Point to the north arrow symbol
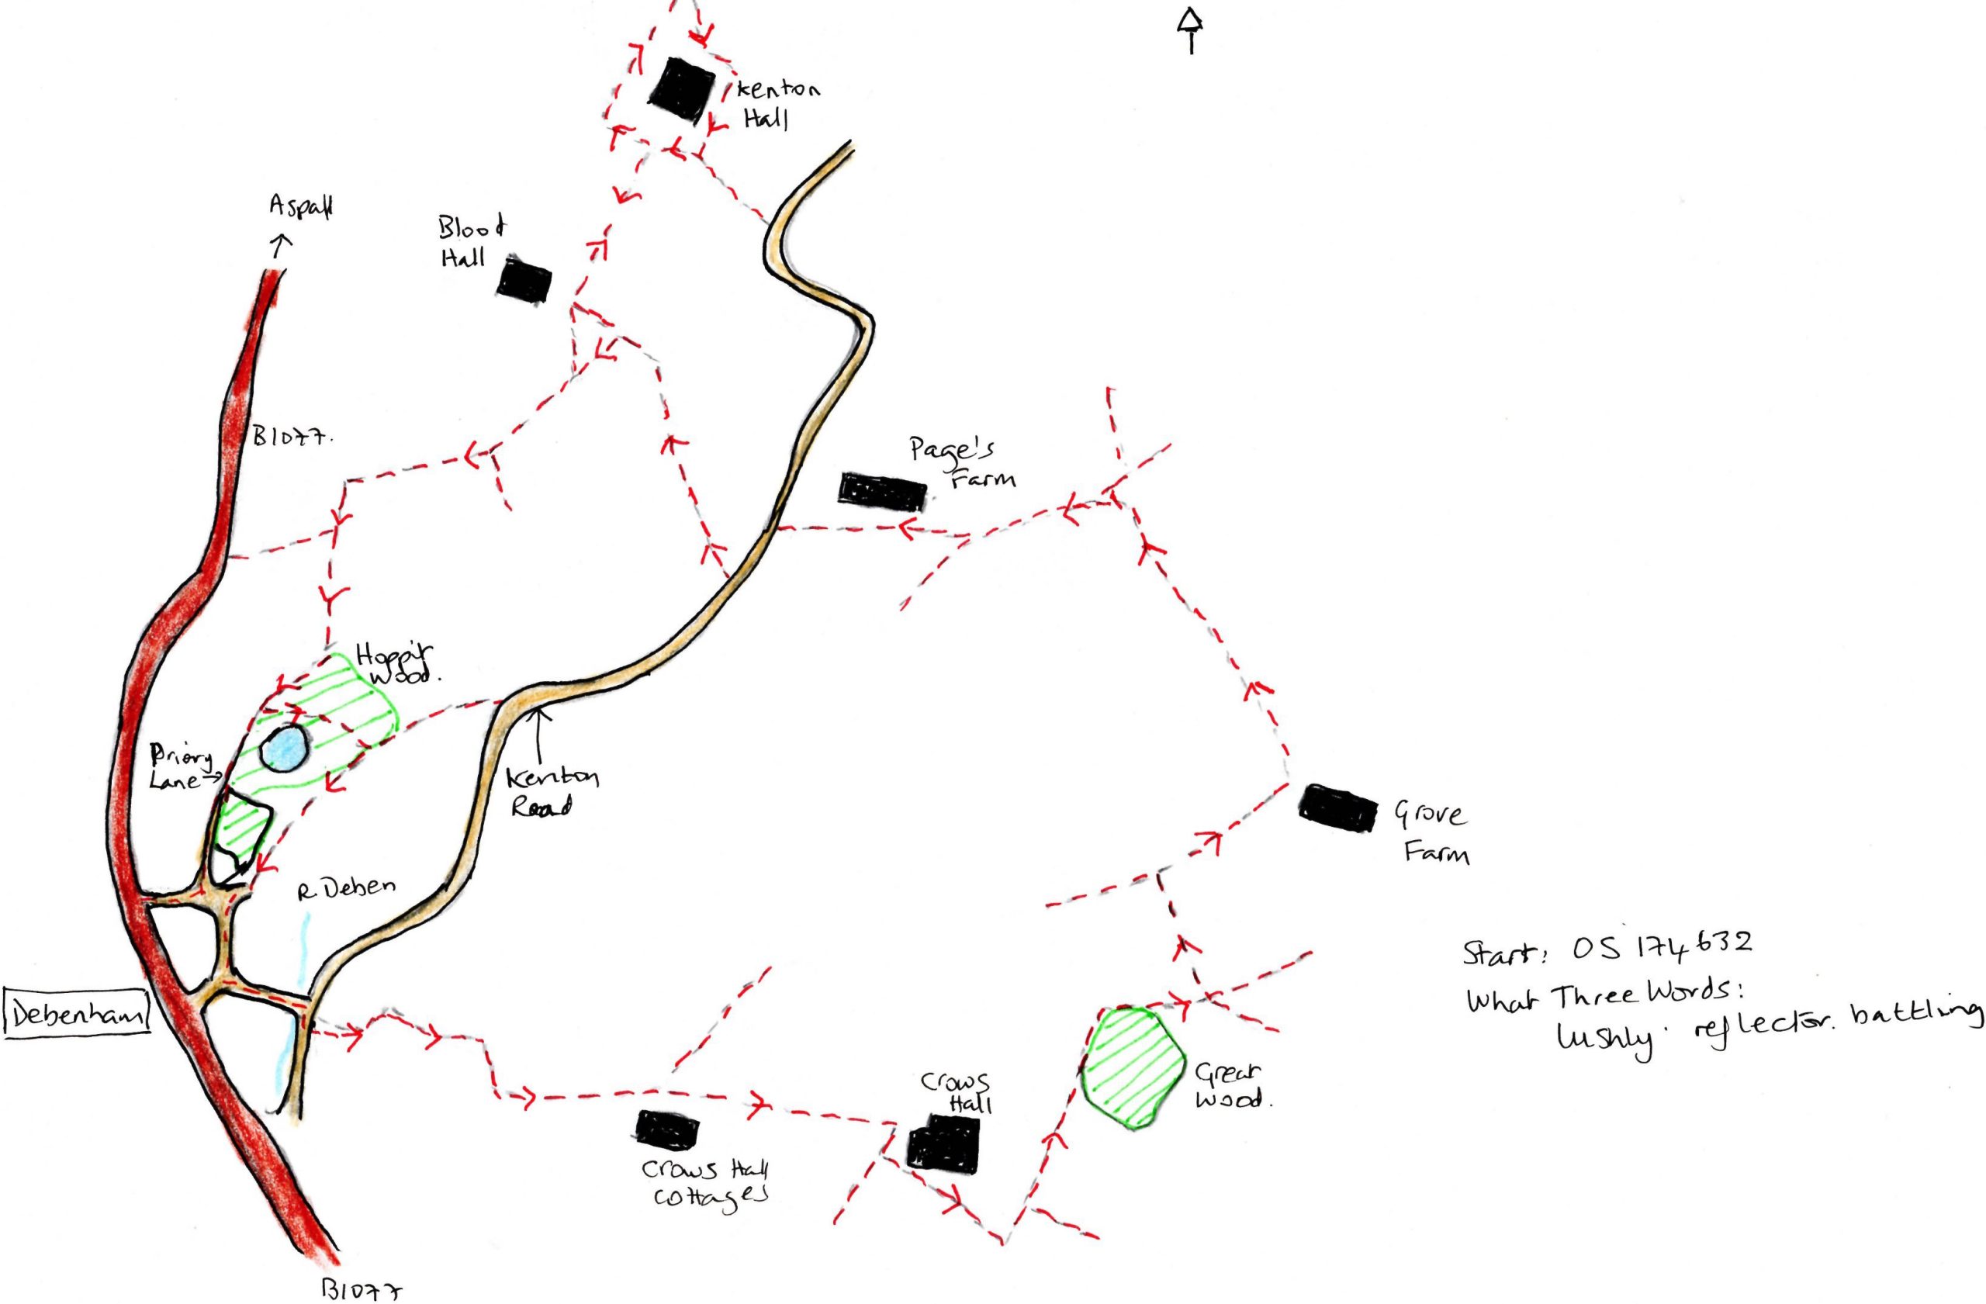tap(1191, 30)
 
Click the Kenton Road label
tap(552, 792)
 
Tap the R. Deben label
tap(345, 887)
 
